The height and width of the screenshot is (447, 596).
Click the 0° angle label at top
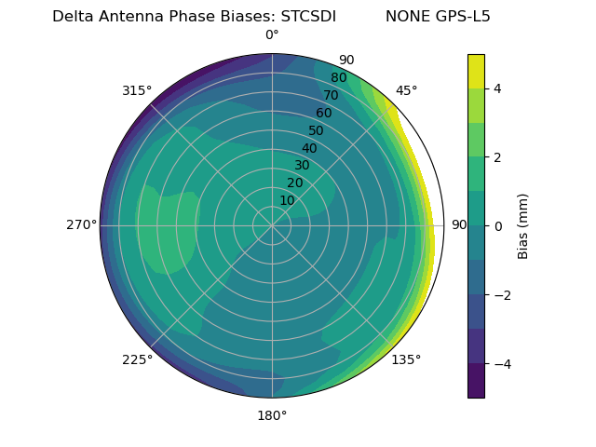(x=272, y=35)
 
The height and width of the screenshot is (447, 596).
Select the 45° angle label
(x=406, y=90)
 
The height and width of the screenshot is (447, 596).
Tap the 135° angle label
(x=406, y=359)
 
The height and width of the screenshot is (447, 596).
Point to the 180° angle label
(x=272, y=415)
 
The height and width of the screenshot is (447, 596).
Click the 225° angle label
(x=137, y=359)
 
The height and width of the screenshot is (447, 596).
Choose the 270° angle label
(x=81, y=225)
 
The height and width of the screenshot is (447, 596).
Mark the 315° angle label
(x=137, y=90)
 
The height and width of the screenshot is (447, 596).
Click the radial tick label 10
(x=287, y=201)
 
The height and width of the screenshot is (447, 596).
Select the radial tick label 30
(x=302, y=166)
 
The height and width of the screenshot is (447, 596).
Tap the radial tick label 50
(x=317, y=131)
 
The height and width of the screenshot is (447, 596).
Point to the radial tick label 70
(x=331, y=96)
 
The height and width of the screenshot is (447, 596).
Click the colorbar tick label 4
(x=497, y=88)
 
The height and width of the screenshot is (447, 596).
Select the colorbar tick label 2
(x=497, y=157)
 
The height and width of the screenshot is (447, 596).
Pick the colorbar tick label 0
(x=497, y=226)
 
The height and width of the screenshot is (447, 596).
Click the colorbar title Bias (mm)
(x=523, y=226)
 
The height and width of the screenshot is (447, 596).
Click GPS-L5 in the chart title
(x=464, y=17)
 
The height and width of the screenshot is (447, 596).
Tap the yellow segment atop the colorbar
(x=476, y=71)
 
